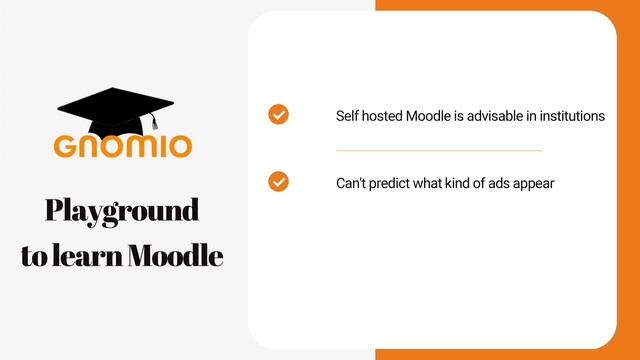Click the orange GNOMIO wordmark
[123, 146]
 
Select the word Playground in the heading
[122, 211]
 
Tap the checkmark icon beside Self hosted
[279, 114]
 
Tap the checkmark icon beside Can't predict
[279, 182]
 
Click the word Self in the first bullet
[347, 116]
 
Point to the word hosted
[383, 116]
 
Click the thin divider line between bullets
[439, 150]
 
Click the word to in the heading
[33, 256]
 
